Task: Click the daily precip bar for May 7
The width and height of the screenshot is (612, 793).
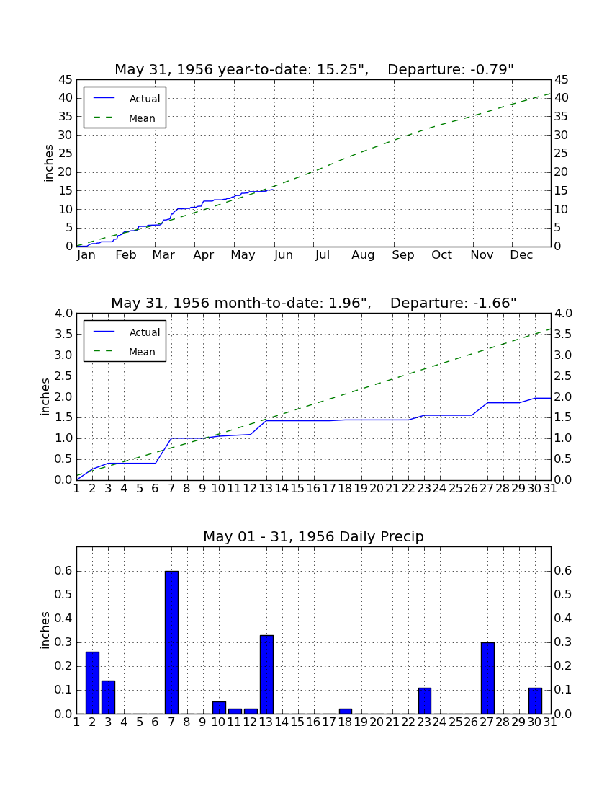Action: pyautogui.click(x=171, y=642)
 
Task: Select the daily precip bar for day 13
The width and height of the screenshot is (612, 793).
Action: pyautogui.click(x=266, y=675)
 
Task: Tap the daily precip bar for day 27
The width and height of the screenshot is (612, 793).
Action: pyautogui.click(x=487, y=678)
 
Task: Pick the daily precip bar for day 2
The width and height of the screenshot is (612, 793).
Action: pyautogui.click(x=92, y=683)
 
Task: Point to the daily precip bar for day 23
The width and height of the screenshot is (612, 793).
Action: pyautogui.click(x=425, y=701)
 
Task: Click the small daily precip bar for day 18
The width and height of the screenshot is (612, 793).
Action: pyautogui.click(x=346, y=712)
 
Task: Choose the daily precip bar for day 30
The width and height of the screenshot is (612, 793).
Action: pyautogui.click(x=535, y=701)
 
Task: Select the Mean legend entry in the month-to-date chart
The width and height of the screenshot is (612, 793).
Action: pyautogui.click(x=125, y=352)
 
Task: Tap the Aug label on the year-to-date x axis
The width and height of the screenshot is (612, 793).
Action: pyautogui.click(x=363, y=255)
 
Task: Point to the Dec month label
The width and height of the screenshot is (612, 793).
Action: pyautogui.click(x=521, y=255)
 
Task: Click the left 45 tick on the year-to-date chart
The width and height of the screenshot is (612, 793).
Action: pyautogui.click(x=66, y=80)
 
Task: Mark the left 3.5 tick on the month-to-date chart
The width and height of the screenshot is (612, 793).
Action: pyautogui.click(x=63, y=335)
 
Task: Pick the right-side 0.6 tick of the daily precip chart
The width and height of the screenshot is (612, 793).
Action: pyautogui.click(x=563, y=571)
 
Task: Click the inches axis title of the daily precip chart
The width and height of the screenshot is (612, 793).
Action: pyautogui.click(x=45, y=630)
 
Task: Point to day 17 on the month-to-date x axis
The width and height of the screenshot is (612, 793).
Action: pyautogui.click(x=329, y=489)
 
